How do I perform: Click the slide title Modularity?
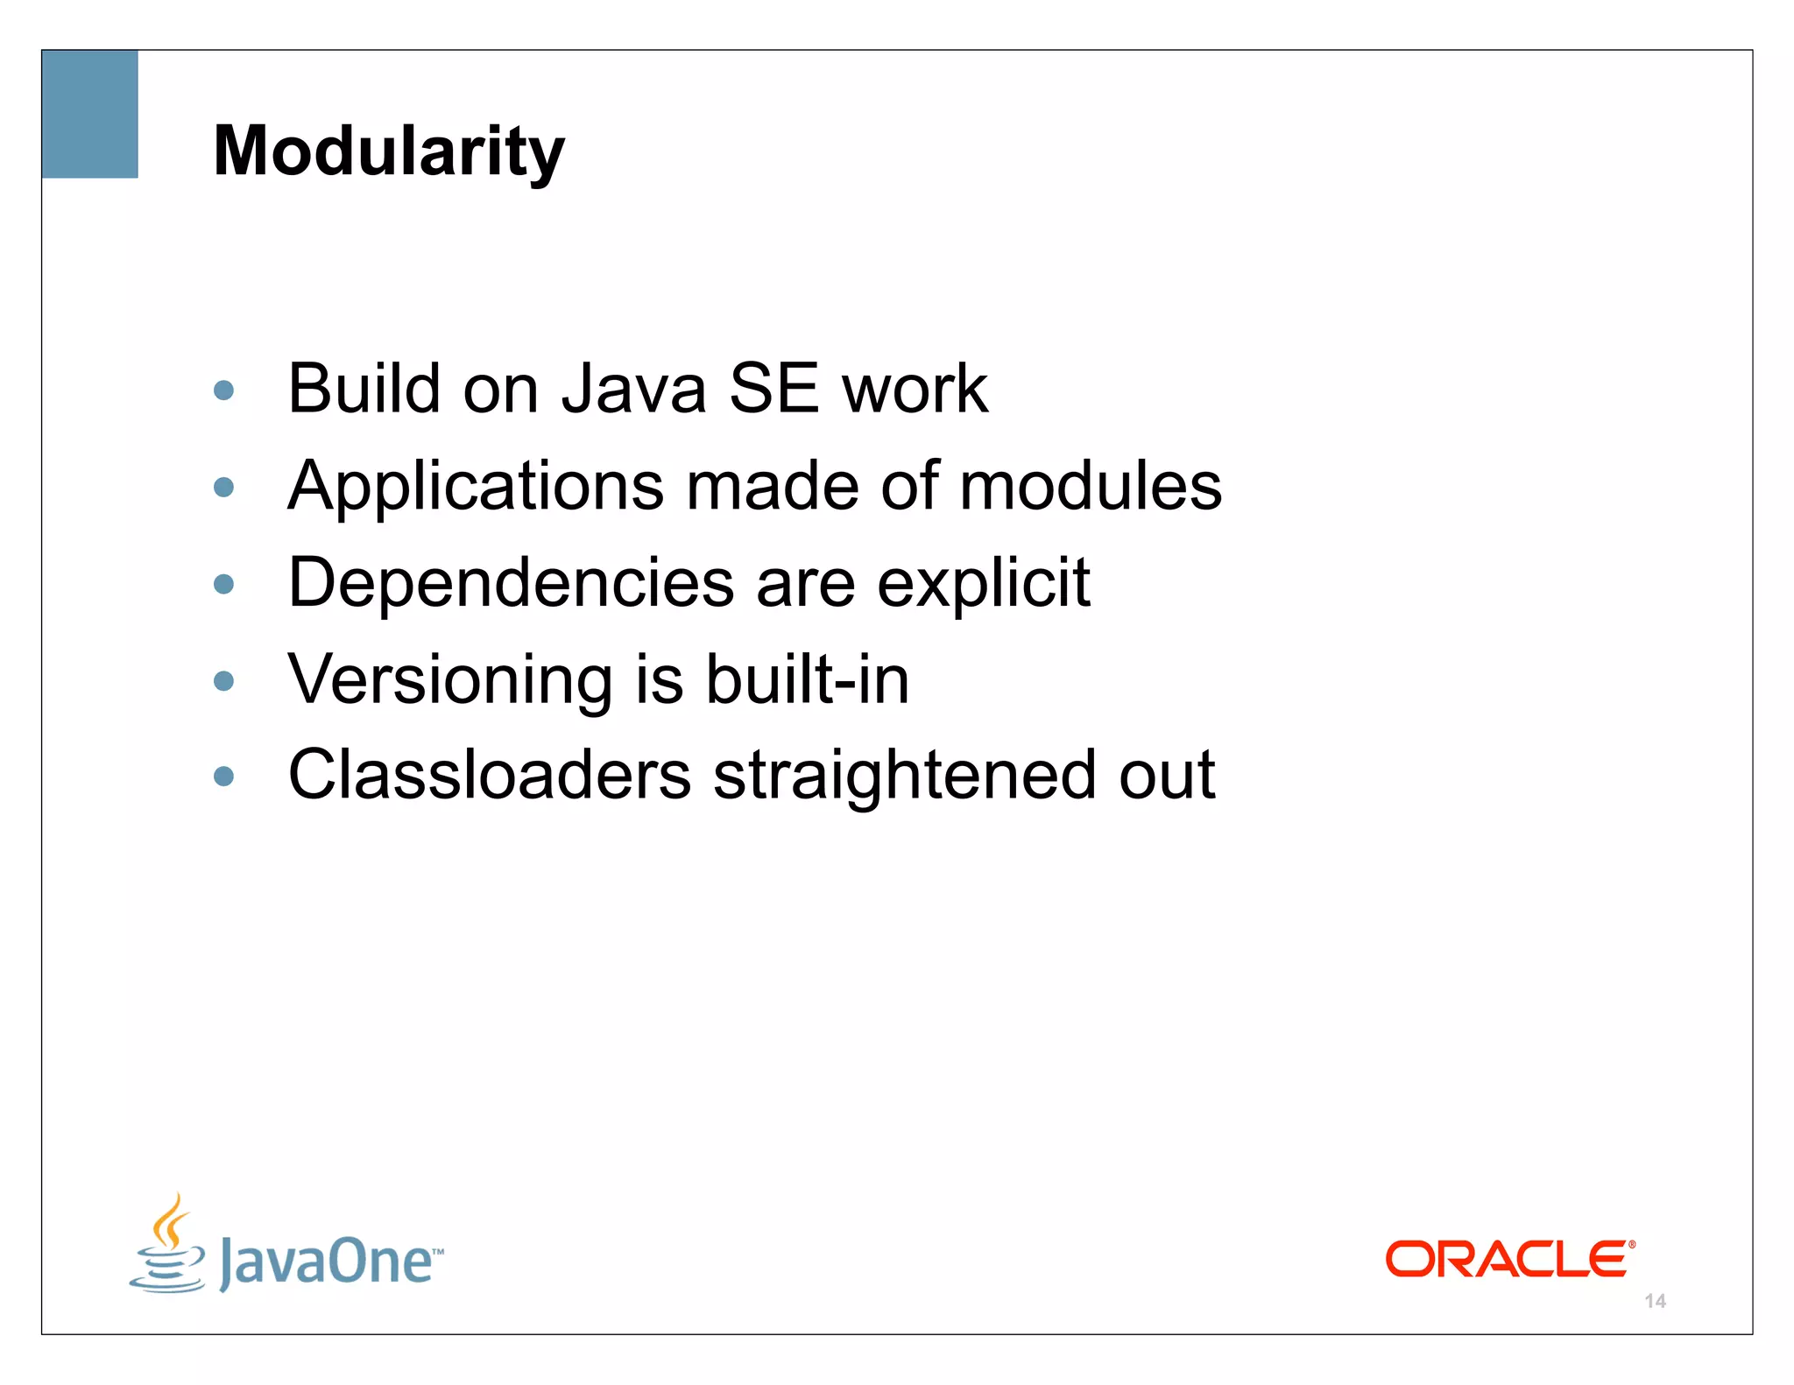[389, 151]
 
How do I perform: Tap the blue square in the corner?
[89, 114]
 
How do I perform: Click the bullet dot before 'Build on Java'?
[224, 390]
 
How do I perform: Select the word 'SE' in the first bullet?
[773, 389]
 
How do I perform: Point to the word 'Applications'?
[476, 487]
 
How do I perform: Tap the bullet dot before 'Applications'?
[224, 487]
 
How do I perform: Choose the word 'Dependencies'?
[511, 584]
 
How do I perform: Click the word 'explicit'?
[983, 584]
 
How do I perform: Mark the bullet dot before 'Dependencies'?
[224, 584]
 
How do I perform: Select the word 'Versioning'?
[450, 680]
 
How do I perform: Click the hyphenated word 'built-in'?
[808, 679]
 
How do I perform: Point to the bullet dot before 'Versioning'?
[224, 680]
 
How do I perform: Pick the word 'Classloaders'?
[490, 775]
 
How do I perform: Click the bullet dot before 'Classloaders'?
[224, 776]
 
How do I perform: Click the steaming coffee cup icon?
[168, 1243]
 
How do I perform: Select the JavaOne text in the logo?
[328, 1262]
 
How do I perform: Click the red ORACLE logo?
[1509, 1259]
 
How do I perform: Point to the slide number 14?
[1655, 1301]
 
